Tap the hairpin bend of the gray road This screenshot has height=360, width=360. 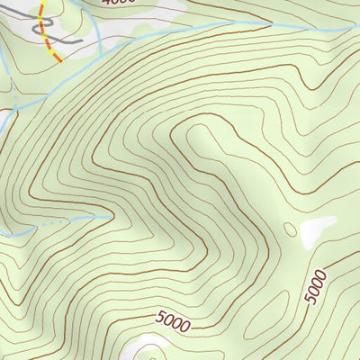[x=37, y=28]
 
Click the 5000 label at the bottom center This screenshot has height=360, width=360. [x=173, y=320]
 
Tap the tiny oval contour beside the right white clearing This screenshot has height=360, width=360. [x=290, y=230]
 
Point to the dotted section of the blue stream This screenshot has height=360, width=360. [x=54, y=220]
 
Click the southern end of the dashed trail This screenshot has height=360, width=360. [x=58, y=61]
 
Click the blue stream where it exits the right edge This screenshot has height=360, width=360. [x=358, y=27]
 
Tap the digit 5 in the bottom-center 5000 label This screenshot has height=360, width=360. [x=160, y=316]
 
